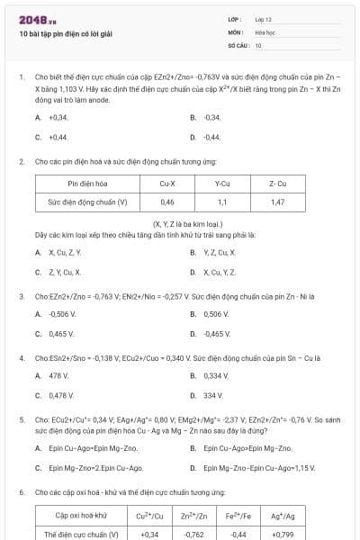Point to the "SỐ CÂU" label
237,44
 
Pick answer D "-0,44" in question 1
211,137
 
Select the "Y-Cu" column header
222,184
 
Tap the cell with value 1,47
277,202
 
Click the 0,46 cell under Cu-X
167,202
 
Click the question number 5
22,419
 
